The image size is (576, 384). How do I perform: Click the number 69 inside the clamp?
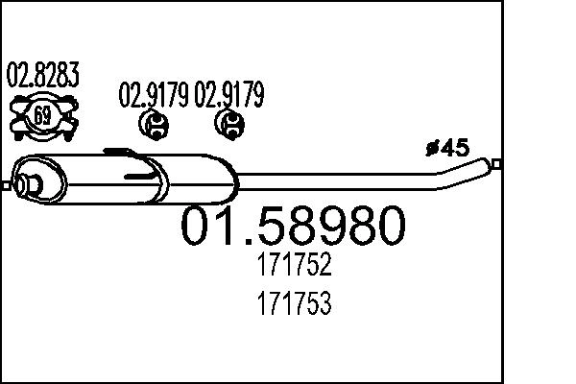coord(42,117)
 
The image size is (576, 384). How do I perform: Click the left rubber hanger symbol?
coord(154,122)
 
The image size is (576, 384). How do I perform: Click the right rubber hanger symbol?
coord(229,122)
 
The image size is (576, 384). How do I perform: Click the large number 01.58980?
coord(294,226)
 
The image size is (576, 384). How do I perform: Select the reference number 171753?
coord(294,305)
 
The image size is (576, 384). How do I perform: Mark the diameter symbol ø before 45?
coord(430,148)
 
